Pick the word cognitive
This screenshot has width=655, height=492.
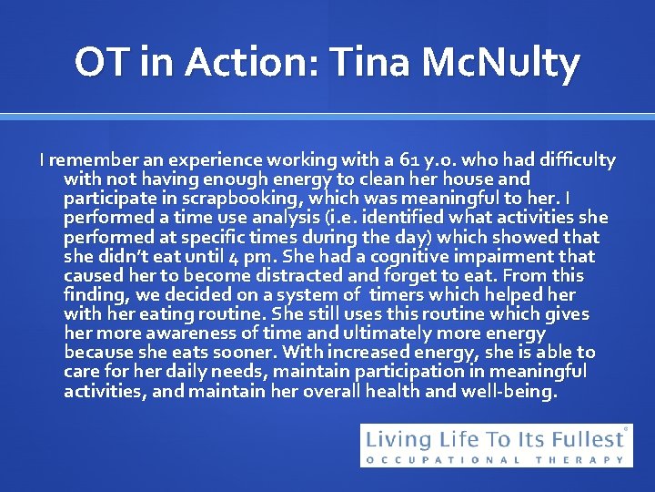pos(411,257)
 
